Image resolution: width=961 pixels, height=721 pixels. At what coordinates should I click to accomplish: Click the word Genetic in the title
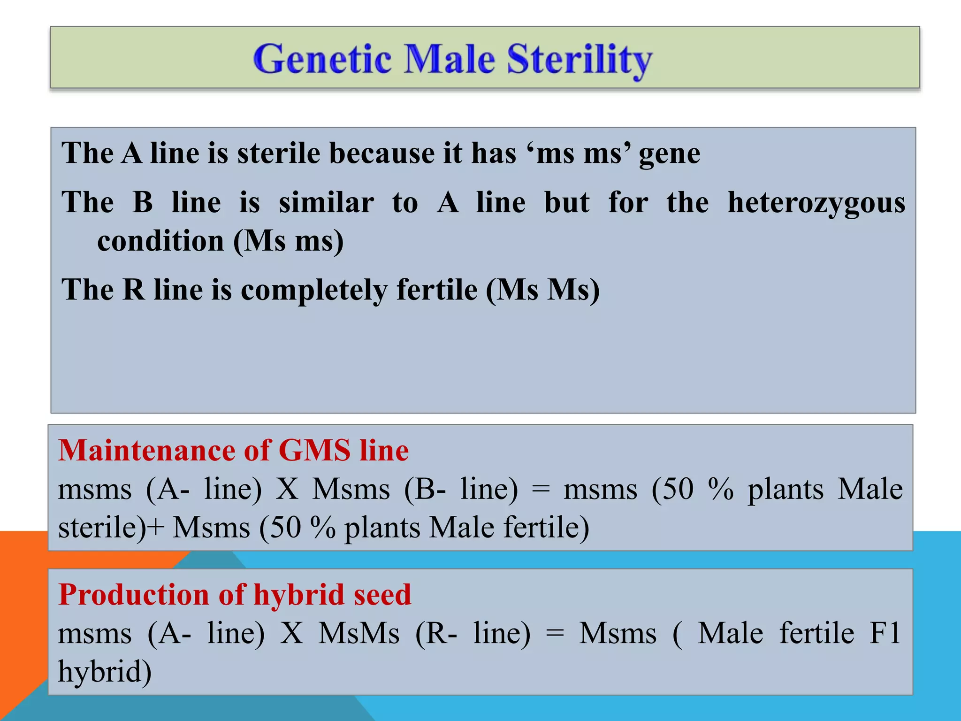(x=322, y=59)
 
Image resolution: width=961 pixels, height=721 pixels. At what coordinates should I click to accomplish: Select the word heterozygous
(x=816, y=203)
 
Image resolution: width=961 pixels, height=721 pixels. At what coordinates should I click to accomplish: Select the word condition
(x=160, y=241)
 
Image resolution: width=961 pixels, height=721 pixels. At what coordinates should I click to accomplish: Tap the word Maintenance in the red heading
(x=146, y=450)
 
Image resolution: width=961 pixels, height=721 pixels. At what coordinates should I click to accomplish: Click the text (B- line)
(x=461, y=489)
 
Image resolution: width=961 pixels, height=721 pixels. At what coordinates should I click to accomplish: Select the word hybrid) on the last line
(x=105, y=672)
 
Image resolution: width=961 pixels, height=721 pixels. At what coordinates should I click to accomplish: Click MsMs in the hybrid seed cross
(x=358, y=633)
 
